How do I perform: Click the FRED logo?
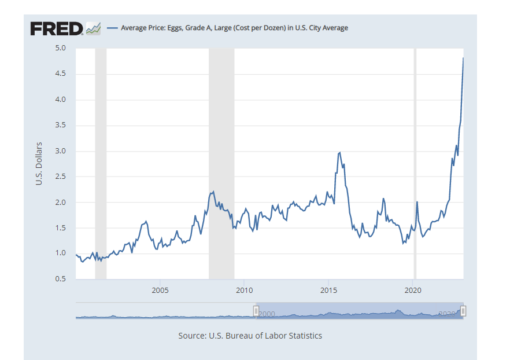pos(56,28)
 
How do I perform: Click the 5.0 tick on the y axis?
pos(60,48)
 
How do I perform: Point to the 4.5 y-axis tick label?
pos(60,74)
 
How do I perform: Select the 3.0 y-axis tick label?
pos(60,151)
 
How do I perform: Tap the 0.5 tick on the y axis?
pos(60,280)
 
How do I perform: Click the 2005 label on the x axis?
pos(160,289)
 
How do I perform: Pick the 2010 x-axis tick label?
pos(244,289)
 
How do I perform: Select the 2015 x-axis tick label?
pos(328,289)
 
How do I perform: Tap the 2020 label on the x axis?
pos(413,289)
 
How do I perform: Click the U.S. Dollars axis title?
pos(39,163)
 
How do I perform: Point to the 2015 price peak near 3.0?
pos(339,153)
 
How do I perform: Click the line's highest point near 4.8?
pos(463,58)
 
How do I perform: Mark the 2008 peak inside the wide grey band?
pos(214,192)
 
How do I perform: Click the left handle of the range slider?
pos(256,311)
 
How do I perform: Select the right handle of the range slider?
pos(463,311)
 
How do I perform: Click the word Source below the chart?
pos(192,336)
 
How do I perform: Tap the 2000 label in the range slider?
pos(267,313)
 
